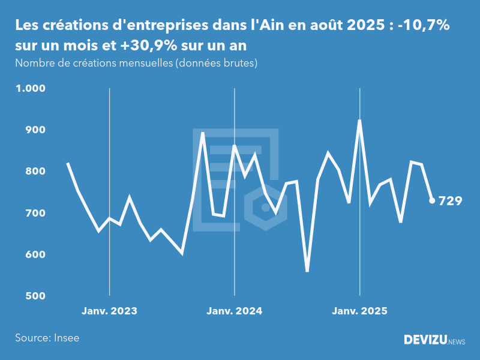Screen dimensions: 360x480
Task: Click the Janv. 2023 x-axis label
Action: [109, 311]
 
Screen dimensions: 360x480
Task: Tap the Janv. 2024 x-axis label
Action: [234, 311]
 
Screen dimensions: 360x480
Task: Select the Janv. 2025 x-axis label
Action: [359, 311]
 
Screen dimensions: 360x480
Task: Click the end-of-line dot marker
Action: [432, 200]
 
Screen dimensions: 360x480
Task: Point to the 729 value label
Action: [450, 201]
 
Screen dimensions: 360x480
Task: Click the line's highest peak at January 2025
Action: [359, 121]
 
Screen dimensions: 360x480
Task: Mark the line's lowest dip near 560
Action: [307, 271]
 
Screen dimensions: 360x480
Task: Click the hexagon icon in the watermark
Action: [265, 208]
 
